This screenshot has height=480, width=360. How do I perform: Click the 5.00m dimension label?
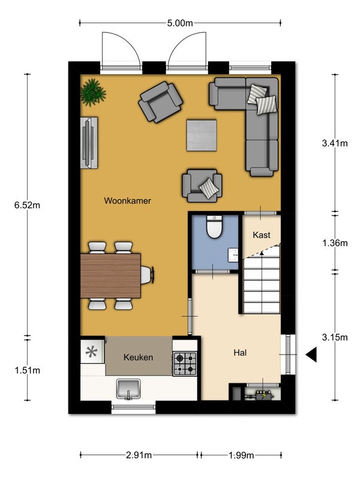coord(180,23)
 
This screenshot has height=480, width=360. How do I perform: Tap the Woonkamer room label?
coord(127,201)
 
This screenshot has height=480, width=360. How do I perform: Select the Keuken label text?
coord(139,357)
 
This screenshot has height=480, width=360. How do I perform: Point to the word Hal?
coord(240,353)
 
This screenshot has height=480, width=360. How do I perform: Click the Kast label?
coord(262,235)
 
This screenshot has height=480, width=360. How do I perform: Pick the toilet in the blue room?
coord(214,227)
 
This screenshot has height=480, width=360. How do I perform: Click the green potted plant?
coord(93,92)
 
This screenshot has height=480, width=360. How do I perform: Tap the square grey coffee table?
coord(202,136)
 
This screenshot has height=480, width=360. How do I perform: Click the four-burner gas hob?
coord(185,364)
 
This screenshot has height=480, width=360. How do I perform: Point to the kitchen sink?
coord(128,389)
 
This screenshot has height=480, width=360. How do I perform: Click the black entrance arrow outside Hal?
coord(311,355)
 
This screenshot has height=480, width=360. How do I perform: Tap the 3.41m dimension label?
coord(335,143)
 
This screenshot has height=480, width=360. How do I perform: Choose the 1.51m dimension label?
coord(27,370)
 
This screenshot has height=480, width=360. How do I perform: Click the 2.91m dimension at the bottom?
coord(139,455)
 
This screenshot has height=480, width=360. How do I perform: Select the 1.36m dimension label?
coord(335,243)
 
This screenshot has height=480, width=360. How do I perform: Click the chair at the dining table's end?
coord(147,275)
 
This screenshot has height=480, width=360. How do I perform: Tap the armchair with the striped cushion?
coord(202,185)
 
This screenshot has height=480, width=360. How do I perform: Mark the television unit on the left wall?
coord(89,143)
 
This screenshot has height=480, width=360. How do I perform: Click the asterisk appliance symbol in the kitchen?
coord(92,352)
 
